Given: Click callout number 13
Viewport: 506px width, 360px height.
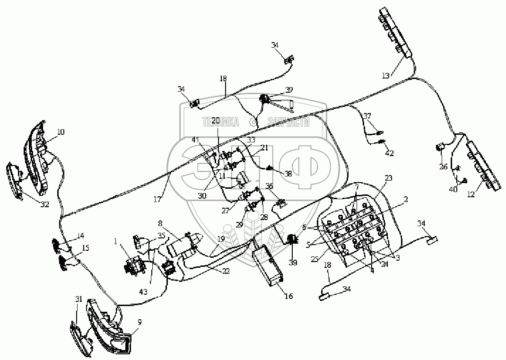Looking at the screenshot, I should (386, 75).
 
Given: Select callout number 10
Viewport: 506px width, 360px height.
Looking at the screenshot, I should (61, 132).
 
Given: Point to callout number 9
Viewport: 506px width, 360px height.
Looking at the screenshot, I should (140, 322).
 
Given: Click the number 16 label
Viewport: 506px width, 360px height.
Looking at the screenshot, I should (288, 296).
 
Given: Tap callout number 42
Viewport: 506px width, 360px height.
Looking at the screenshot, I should (389, 153).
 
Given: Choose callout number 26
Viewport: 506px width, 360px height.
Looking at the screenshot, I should (443, 166).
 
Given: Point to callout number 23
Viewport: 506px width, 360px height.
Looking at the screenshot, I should (389, 178).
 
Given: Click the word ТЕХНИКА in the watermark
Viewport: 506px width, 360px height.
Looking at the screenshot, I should (221, 122).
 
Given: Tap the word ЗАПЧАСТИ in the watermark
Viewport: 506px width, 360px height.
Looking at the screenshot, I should (288, 123).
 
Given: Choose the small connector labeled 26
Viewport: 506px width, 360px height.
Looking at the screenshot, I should (440, 147).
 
